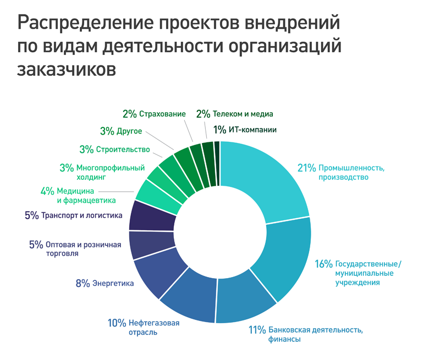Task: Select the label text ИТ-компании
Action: point(253,130)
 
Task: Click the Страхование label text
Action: point(162,114)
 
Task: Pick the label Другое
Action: point(130,131)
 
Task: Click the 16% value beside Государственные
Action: point(323,264)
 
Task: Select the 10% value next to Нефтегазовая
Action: point(117,323)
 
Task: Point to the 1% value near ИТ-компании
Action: point(219,130)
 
